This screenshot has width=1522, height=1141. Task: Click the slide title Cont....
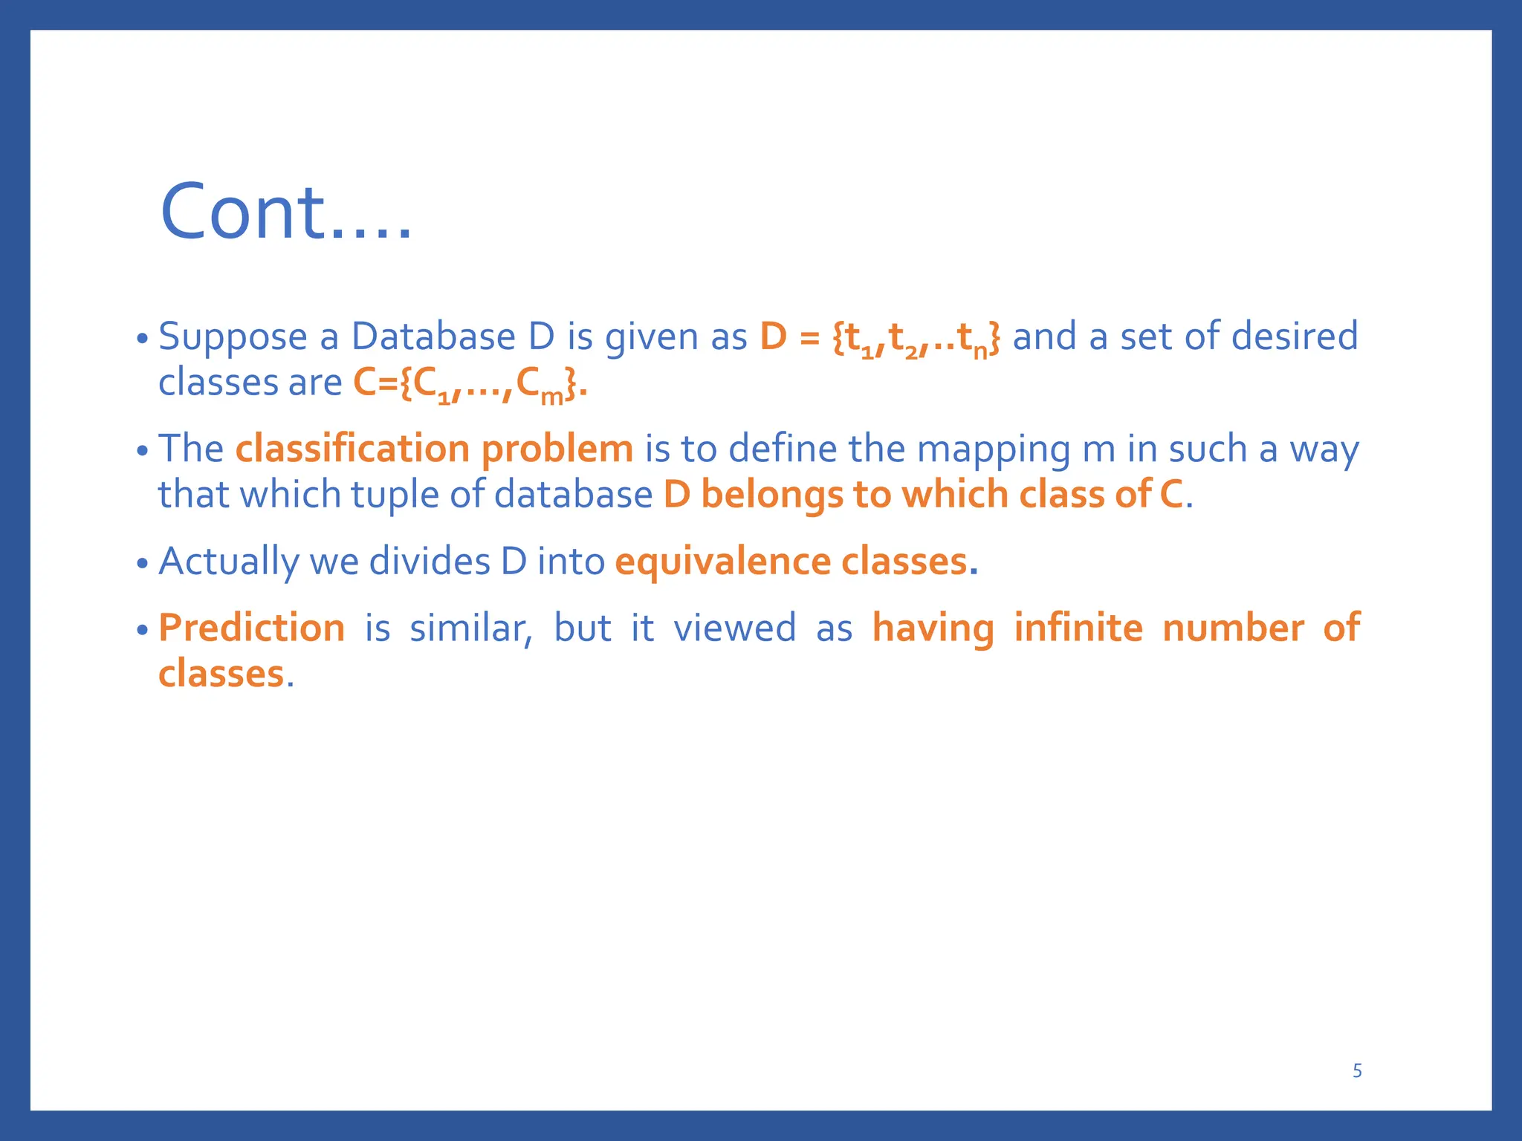pos(285,212)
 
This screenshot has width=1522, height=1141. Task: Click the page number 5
pos(1357,1070)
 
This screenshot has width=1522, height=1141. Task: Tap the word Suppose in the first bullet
pos(233,337)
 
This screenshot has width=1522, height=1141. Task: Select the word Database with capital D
pos(433,337)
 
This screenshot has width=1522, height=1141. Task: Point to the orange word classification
pos(352,449)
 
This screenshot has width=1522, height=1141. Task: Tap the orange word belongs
pos(771,495)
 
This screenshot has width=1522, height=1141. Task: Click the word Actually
pos(228,562)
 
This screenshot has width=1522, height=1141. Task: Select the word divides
pos(430,561)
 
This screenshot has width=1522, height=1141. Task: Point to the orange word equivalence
pos(722,562)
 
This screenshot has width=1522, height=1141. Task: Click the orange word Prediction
pos(252,628)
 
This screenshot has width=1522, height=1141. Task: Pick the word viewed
pos(734,628)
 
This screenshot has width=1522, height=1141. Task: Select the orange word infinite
pos(1078,628)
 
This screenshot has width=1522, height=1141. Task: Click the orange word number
pos(1233,628)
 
